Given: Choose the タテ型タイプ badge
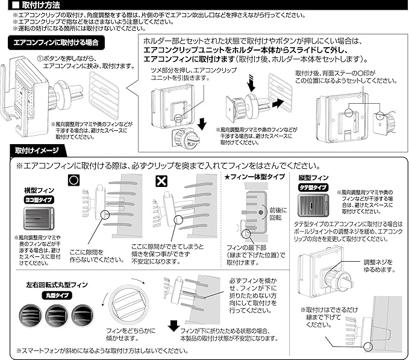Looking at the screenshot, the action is (x=314, y=188).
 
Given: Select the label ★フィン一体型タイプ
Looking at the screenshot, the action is (x=250, y=177).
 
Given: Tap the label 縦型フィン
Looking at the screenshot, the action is (x=314, y=178).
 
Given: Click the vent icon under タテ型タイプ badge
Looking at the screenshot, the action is (x=315, y=205).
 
